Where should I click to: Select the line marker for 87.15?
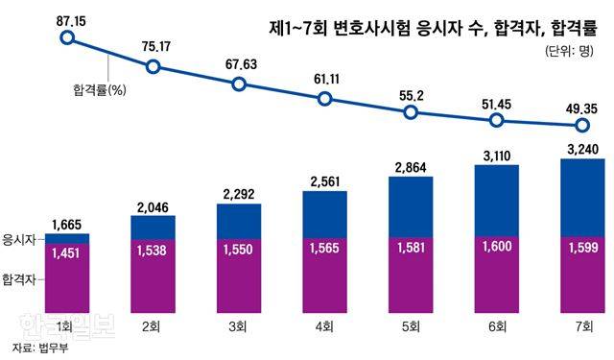coord(66,38)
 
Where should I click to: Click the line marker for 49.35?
coord(581,126)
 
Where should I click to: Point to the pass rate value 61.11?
coord(326,77)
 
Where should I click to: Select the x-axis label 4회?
coord(324,327)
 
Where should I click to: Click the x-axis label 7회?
coord(581,327)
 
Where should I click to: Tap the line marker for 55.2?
coord(411,112)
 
